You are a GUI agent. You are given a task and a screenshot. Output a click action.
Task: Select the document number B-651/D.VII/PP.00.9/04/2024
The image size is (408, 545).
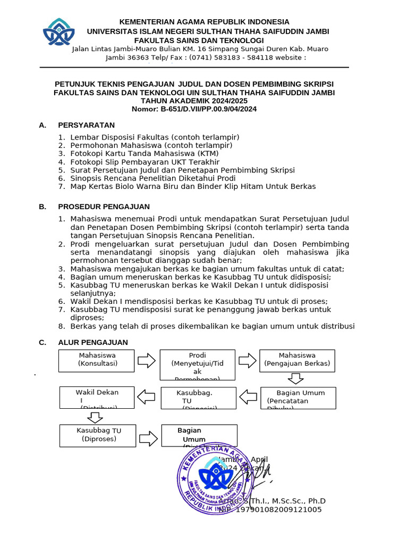[194, 109]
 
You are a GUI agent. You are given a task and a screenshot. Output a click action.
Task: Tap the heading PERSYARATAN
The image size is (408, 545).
[86, 125]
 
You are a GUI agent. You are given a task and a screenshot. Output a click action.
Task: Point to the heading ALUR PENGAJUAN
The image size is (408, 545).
[93, 342]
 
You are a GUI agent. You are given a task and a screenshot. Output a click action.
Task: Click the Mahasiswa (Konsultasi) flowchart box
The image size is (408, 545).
[97, 360]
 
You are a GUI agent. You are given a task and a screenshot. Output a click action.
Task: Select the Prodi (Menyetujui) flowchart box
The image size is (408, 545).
[197, 365]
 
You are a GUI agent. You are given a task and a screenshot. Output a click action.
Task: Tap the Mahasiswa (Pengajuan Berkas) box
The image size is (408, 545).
[297, 360]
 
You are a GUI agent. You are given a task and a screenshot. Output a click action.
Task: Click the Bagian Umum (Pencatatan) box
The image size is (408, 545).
[298, 398]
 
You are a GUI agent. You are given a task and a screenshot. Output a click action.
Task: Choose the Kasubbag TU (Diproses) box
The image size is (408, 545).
[98, 435]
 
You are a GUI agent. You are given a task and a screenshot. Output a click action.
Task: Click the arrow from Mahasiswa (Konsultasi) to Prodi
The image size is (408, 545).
[146, 361]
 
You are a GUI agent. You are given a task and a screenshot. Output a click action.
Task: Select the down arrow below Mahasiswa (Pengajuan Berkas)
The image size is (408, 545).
[295, 378]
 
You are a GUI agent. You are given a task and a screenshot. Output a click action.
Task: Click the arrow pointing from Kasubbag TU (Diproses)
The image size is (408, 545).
[148, 437]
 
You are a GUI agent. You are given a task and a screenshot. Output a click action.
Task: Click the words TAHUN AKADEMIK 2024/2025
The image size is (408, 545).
[194, 101]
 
